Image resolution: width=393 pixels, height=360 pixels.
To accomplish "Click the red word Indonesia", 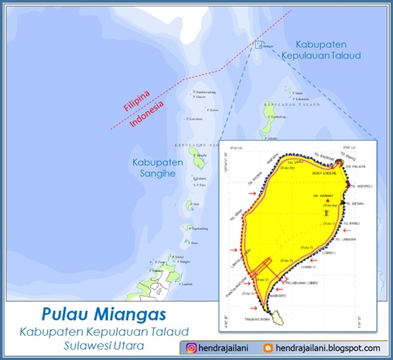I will (147, 115).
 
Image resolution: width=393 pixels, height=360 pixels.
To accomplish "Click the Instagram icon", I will (189, 347).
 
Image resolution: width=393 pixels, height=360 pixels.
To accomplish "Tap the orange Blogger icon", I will (269, 347).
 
